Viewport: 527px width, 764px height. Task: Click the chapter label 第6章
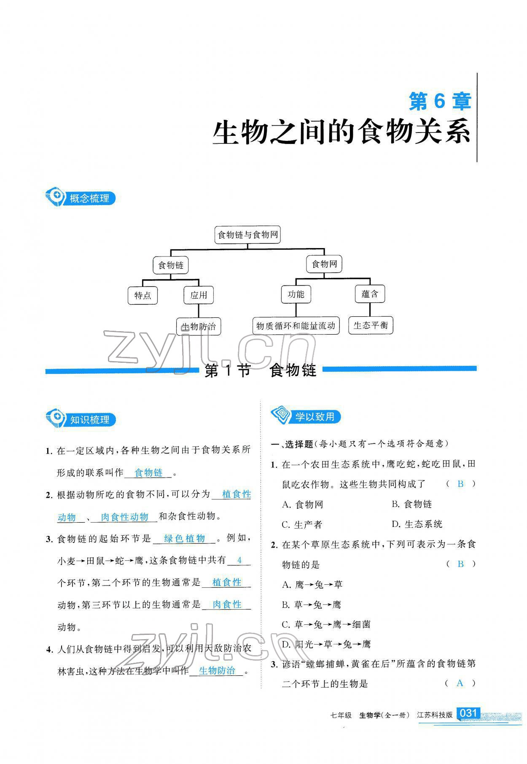440,102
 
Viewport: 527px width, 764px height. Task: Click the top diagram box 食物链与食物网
247,235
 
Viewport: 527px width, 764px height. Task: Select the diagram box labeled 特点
143,295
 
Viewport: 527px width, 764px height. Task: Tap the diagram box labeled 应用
199,295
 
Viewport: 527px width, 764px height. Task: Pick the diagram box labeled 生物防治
198,327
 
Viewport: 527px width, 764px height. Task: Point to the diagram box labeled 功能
296,294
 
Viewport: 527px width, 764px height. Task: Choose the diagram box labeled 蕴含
370,294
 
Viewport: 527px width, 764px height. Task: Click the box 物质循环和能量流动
296,326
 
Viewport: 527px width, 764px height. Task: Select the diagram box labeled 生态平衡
371,325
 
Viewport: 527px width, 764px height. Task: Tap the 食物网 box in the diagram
324,264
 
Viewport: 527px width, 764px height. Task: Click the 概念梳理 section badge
81,198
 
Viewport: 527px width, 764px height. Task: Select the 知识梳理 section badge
81,419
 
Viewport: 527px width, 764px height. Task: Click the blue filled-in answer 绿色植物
184,538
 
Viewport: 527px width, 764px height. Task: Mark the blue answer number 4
239,560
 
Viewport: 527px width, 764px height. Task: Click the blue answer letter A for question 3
460,683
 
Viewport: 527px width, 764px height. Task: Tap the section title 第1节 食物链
260,370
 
